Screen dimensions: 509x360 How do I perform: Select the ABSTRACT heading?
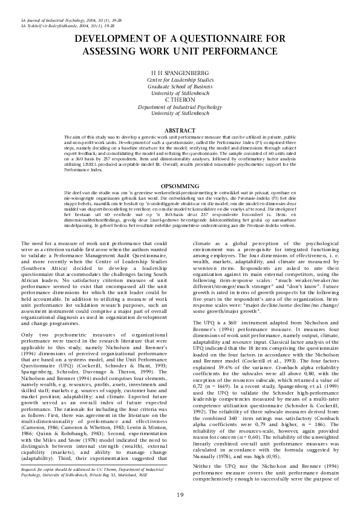[x=180, y=130]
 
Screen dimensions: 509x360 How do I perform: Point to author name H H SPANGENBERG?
[x=180, y=71]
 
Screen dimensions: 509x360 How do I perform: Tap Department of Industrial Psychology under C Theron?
[x=180, y=106]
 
